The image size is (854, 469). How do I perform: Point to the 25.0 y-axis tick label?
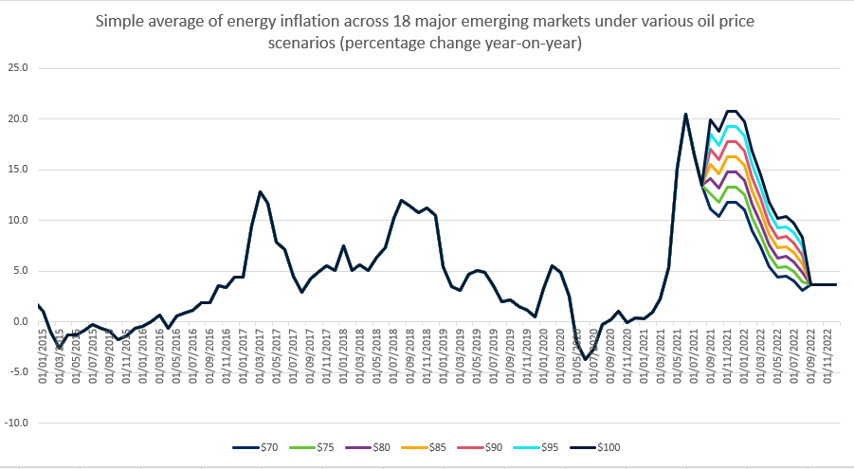[18, 68]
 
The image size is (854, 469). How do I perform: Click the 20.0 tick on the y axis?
[18, 119]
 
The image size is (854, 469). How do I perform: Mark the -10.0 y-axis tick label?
[16, 423]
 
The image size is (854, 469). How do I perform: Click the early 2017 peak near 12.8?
[260, 191]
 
